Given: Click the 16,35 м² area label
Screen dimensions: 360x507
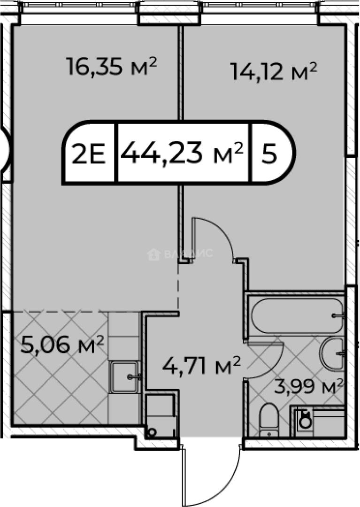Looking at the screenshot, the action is click(x=111, y=66).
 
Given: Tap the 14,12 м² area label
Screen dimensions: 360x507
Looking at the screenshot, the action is click(x=273, y=71).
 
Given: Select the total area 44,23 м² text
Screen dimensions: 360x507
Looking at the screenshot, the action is click(x=182, y=152).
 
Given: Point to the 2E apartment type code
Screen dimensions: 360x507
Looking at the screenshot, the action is click(x=89, y=154).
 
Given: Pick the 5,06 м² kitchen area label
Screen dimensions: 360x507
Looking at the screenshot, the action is click(x=62, y=344).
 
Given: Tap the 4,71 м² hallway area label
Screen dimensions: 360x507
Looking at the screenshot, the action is click(x=202, y=365).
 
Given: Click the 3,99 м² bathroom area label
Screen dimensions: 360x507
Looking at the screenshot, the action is click(x=308, y=386).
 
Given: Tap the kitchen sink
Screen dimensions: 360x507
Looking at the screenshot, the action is click(x=125, y=376).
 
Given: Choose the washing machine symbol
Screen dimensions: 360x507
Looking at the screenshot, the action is click(x=304, y=420).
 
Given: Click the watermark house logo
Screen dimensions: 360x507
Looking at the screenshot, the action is click(x=153, y=254).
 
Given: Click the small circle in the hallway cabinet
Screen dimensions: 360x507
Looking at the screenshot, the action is click(x=151, y=432).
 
